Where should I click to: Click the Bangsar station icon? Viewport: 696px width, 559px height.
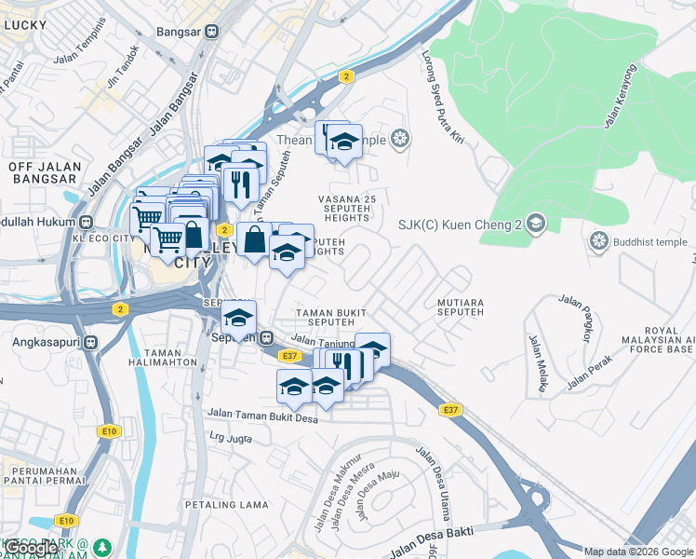click(212, 30)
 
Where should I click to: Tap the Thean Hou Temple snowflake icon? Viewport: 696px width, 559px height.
click(400, 140)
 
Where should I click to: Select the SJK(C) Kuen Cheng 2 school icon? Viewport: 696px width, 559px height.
click(535, 224)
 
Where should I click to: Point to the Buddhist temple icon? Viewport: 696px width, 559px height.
click(599, 242)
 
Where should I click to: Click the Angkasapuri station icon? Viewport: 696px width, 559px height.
click(91, 342)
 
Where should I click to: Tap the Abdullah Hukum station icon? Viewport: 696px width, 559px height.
click(86, 223)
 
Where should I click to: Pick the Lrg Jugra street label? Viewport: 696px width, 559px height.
click(231, 436)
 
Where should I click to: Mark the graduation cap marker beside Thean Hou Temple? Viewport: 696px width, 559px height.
click(344, 143)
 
